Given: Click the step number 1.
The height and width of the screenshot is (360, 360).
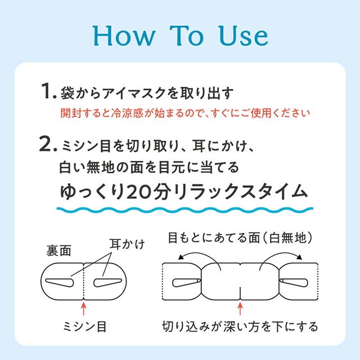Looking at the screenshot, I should point(47,92).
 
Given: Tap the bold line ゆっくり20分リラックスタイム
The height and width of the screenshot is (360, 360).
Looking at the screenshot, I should point(183,192).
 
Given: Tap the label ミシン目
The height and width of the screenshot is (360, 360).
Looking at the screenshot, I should point(84,326).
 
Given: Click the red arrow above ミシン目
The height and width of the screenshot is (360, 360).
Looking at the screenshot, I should point(84,308).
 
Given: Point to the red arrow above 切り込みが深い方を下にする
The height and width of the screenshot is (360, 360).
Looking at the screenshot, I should point(240,308).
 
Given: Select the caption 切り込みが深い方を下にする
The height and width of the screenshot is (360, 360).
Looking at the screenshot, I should point(240,326).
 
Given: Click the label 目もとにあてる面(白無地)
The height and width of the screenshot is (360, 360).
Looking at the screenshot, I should point(241,238).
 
